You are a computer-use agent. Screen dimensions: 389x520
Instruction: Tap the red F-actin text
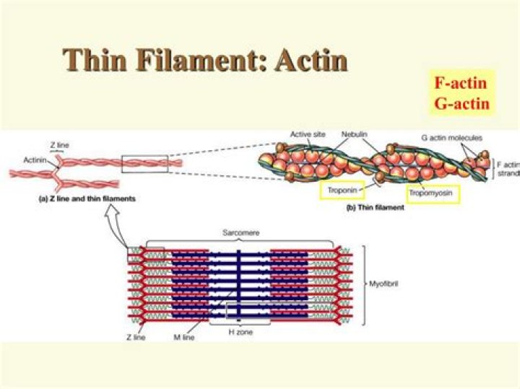(460, 82)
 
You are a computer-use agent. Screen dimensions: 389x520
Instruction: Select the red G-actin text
(461, 102)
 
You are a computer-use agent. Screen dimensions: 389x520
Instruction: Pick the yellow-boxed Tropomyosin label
(433, 193)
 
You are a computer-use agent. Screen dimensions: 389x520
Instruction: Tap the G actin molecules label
(451, 137)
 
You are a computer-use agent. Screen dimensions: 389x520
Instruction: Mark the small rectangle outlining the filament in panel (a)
(144, 164)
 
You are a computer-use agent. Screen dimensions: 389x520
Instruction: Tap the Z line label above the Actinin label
(60, 145)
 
